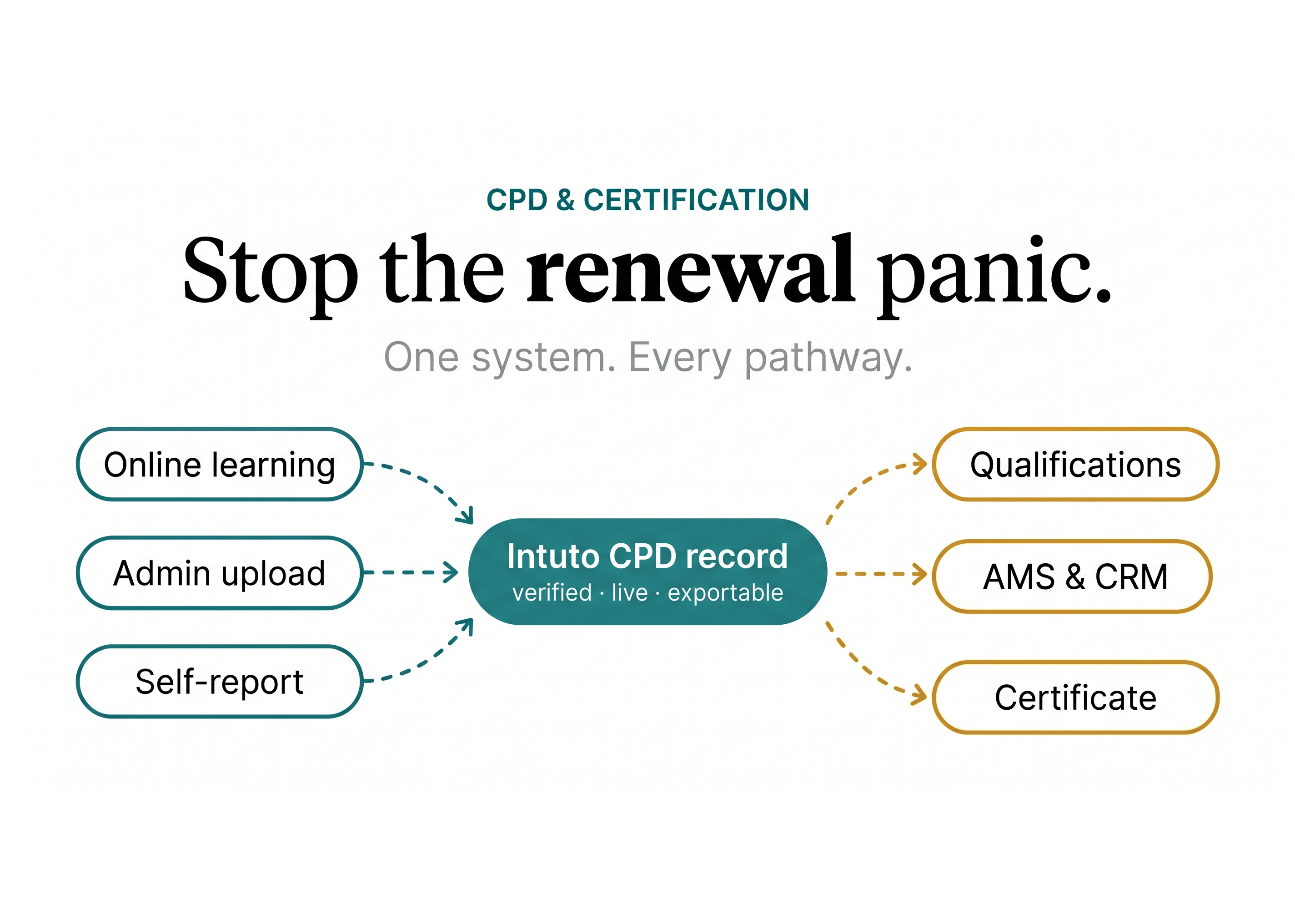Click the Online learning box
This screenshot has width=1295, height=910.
coord(220,465)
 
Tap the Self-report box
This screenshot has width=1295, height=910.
coord(220,682)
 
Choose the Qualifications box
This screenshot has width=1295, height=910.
coord(1075,465)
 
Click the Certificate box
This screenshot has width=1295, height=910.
coord(1075,698)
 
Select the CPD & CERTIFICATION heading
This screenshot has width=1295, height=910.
coord(647,200)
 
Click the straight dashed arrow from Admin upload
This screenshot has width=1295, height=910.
coord(409,572)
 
